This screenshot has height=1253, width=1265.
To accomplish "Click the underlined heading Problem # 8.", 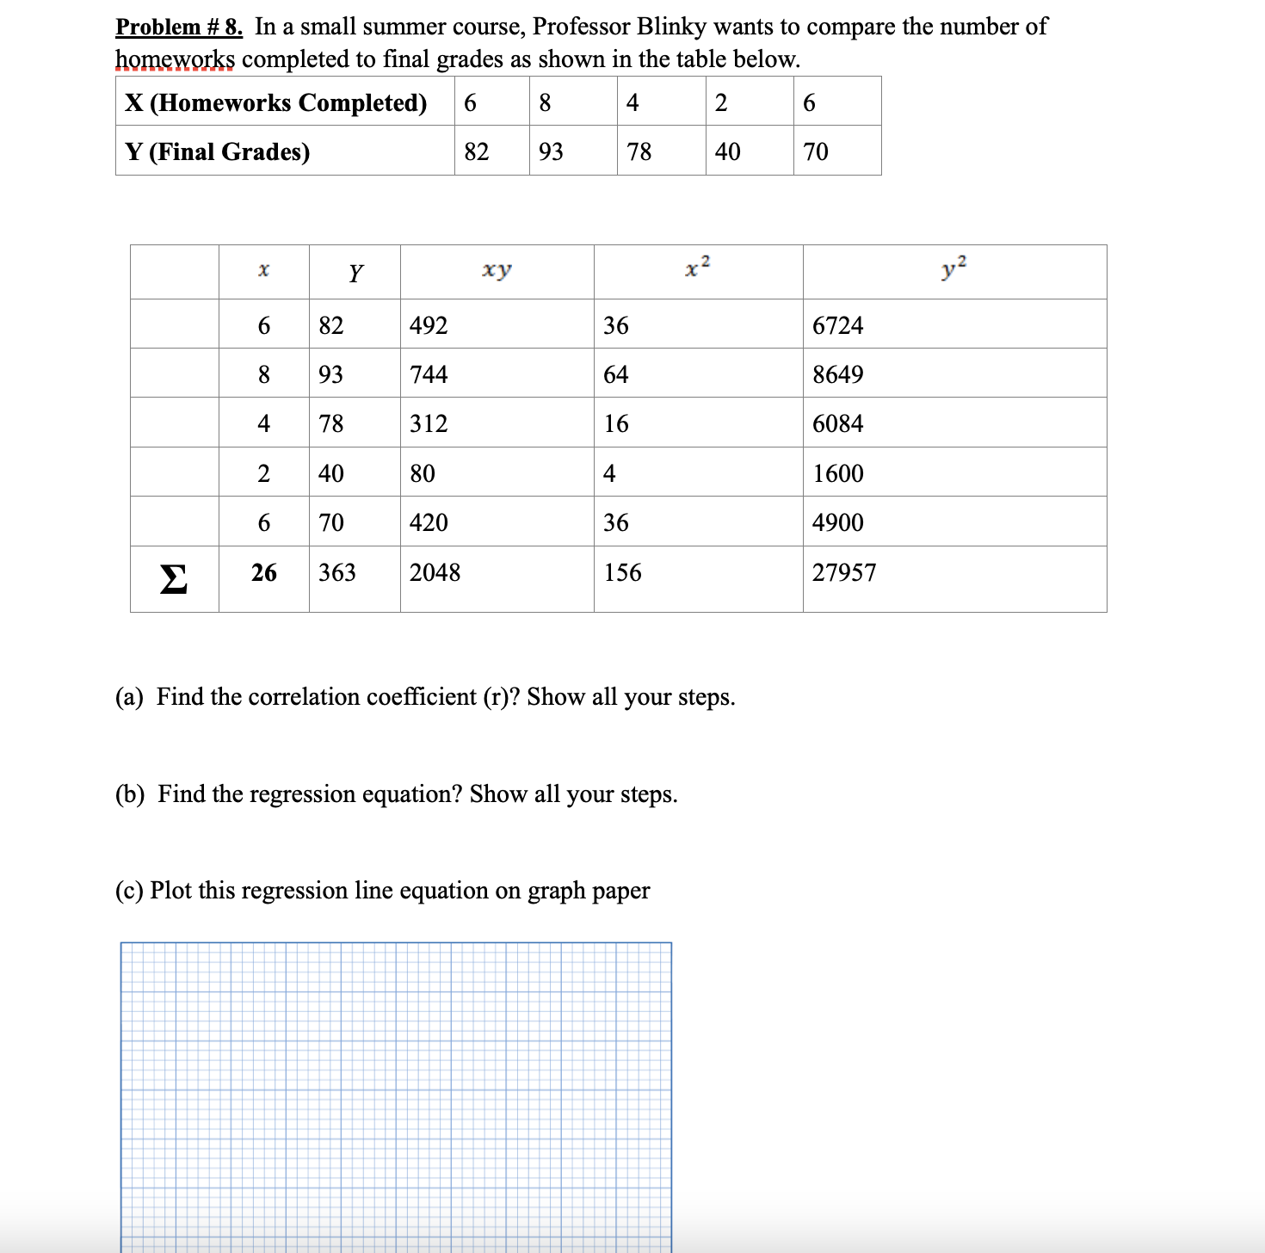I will (x=179, y=27).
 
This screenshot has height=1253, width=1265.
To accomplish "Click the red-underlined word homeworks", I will (x=175, y=59).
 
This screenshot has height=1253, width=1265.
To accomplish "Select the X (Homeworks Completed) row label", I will (x=275, y=102).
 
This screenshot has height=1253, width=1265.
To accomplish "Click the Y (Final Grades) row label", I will (x=217, y=151).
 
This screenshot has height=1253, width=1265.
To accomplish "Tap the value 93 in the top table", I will (x=551, y=151).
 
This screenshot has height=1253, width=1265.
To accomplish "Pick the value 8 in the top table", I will (x=545, y=102).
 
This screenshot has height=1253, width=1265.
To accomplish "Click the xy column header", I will (x=497, y=269).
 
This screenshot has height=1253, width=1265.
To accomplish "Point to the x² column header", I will (x=698, y=268).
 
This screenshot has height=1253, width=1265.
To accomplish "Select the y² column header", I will (x=954, y=268).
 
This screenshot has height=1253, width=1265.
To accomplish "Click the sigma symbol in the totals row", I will (x=173, y=579).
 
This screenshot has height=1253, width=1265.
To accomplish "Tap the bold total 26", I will (x=264, y=572).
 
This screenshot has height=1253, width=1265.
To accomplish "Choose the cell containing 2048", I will (x=435, y=572).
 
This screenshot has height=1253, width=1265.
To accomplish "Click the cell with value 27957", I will (x=844, y=572).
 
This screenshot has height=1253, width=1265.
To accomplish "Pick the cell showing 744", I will (x=429, y=374).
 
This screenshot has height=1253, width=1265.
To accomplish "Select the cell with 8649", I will (x=837, y=374).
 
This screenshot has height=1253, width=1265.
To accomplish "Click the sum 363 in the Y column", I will (x=336, y=572).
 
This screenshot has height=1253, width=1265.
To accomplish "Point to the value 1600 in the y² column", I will (x=837, y=473).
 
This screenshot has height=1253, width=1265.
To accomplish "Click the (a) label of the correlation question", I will (x=129, y=696).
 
